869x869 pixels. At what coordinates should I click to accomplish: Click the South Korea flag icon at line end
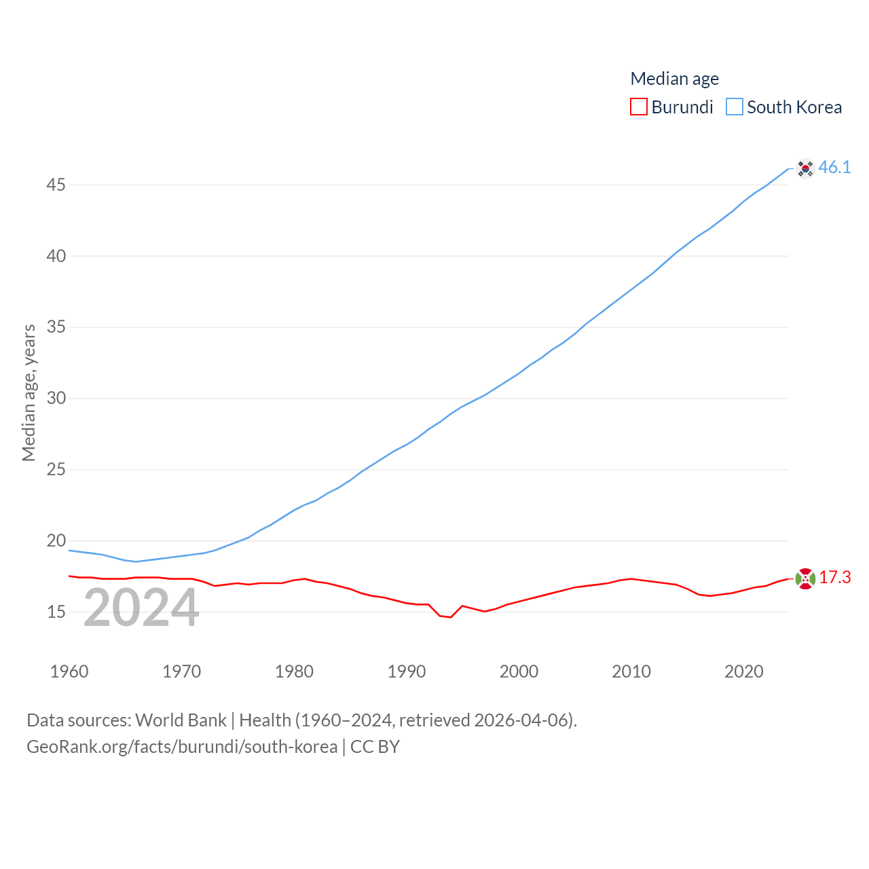coord(805,168)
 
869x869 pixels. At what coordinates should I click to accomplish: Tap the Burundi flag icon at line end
coord(805,578)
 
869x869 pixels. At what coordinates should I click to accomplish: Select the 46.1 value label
coord(834,167)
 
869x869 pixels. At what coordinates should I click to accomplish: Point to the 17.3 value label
coord(834,577)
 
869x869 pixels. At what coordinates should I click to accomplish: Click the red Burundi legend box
coord(639,107)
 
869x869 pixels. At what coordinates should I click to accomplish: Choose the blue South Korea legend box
coord(735,107)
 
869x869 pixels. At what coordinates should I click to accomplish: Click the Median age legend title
coord(674,79)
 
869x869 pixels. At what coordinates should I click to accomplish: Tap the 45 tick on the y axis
coord(56,185)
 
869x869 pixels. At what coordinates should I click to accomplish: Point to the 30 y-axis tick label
coord(56,398)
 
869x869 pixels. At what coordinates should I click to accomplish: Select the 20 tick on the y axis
coord(56,540)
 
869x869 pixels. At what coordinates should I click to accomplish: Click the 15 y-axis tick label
coord(56,612)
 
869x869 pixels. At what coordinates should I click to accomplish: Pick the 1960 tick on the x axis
coord(69,671)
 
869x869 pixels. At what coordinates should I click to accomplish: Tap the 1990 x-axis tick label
coord(406,671)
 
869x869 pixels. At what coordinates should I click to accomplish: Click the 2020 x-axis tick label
coord(743,671)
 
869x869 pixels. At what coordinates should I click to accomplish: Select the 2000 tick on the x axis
coord(519,671)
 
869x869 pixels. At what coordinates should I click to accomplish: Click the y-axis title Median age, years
coord(29,392)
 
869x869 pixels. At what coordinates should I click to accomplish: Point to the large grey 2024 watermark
coord(141,608)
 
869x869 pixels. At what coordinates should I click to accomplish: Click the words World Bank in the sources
coord(181,720)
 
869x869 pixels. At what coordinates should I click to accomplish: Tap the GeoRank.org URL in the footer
coord(182,747)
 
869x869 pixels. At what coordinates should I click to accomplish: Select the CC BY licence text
coord(375,747)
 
